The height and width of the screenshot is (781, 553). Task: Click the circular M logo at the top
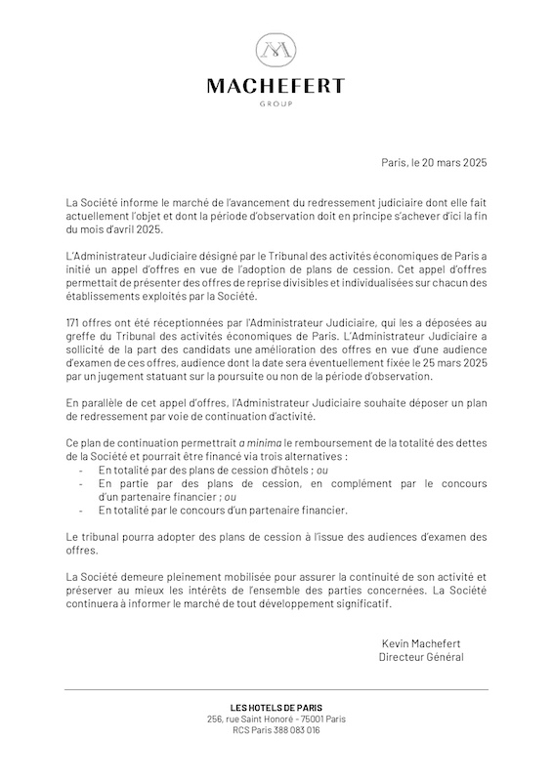276,50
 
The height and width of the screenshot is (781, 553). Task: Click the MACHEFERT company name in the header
276,87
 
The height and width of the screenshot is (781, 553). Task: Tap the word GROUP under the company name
276,103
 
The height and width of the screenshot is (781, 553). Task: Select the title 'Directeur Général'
421,657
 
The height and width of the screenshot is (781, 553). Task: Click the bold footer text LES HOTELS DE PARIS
276,707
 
